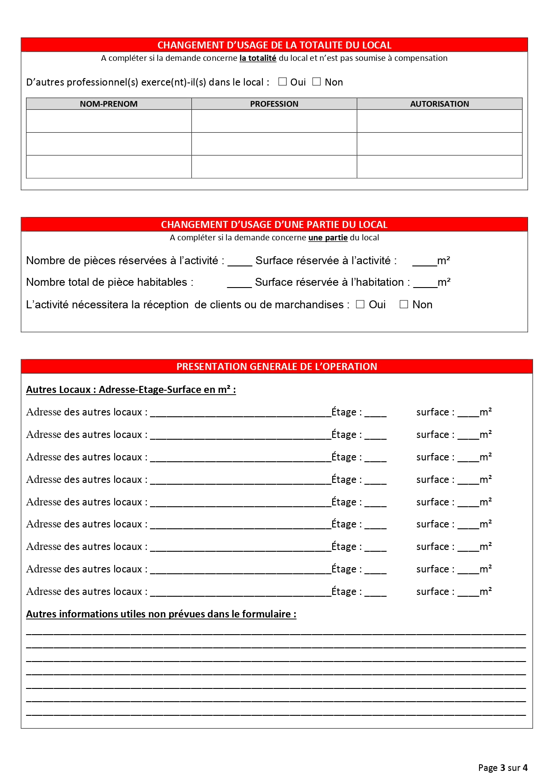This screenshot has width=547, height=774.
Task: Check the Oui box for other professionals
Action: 283,82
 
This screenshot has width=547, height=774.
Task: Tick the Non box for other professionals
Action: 316,82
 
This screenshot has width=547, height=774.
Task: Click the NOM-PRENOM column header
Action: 109,104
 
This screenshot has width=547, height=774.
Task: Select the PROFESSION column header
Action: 274,104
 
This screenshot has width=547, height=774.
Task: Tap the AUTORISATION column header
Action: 439,104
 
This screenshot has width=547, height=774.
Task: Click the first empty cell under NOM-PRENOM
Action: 109,121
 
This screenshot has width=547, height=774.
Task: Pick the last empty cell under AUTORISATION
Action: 439,167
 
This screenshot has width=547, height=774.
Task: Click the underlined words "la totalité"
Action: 258,58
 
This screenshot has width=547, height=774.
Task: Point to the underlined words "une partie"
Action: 328,238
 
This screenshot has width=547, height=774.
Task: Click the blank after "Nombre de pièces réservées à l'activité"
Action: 240,262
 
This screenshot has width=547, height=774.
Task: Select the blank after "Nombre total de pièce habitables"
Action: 239,284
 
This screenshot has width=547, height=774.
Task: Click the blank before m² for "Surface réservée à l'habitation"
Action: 425,284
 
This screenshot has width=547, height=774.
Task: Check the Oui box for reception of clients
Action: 360,304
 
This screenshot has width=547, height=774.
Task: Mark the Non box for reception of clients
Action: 404,304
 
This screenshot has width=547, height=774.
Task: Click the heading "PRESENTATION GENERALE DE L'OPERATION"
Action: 277,366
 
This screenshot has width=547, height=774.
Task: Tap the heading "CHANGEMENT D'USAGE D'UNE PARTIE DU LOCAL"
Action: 274,224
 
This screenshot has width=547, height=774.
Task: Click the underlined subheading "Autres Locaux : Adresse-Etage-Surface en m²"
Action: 131,390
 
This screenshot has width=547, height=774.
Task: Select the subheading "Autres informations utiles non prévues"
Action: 161,614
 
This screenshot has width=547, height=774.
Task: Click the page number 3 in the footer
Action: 502,768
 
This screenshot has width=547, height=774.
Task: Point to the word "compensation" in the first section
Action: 421,58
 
